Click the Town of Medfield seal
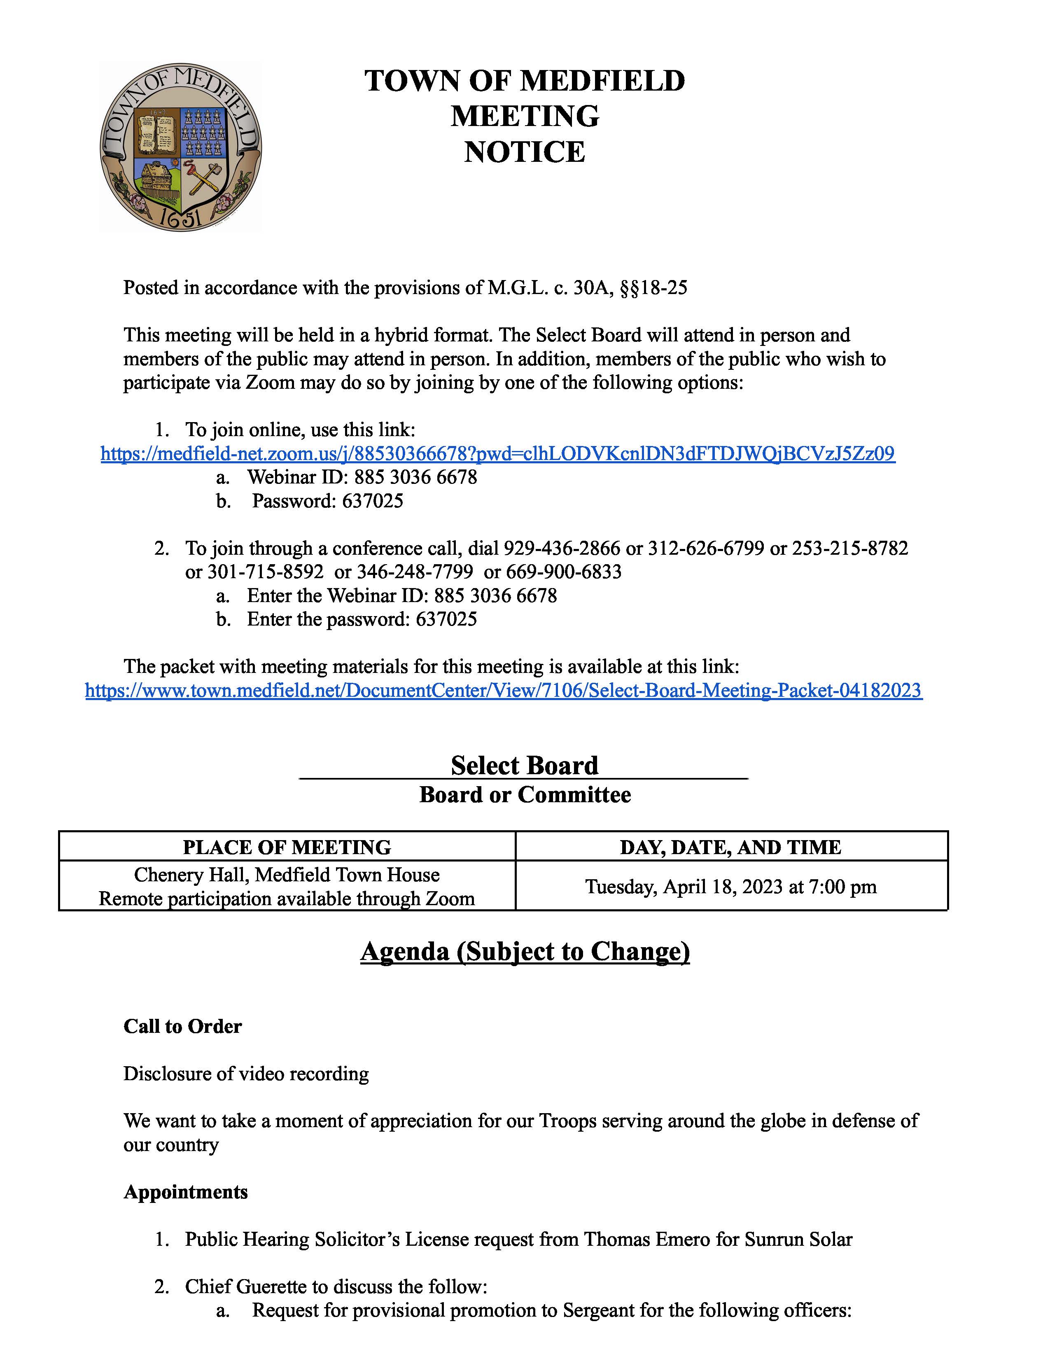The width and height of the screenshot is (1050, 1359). point(180,147)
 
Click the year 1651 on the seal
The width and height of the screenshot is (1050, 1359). point(180,218)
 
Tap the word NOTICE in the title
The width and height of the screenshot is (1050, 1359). point(524,152)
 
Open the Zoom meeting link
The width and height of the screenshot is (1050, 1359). point(498,454)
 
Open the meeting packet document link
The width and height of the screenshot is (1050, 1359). point(503,690)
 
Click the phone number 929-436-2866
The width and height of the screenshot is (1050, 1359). point(562,548)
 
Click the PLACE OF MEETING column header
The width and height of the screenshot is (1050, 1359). point(287,847)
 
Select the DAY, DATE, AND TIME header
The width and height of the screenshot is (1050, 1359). point(730,847)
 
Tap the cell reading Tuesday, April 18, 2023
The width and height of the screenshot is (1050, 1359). point(730,886)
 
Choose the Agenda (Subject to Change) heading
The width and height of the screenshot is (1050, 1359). point(525,951)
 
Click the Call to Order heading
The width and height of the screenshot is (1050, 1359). point(182,1026)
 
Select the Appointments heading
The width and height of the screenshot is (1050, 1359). point(185,1192)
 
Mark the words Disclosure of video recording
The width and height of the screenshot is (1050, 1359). point(246,1073)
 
